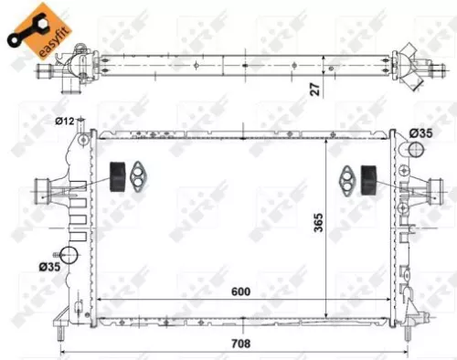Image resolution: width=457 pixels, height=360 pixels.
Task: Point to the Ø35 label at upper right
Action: click(421, 133)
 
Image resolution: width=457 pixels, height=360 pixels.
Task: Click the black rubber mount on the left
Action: click(117, 176)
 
